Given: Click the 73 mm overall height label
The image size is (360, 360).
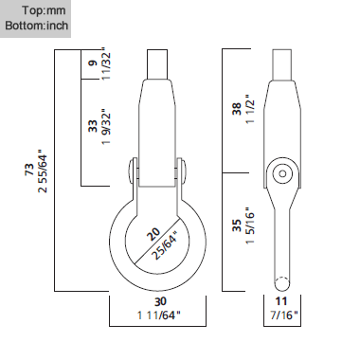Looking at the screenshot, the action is click(x=29, y=170).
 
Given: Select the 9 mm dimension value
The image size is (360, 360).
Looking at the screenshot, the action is click(x=94, y=63).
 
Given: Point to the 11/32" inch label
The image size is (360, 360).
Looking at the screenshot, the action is click(x=106, y=63).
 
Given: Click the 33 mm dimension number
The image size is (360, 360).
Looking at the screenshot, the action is click(x=93, y=126).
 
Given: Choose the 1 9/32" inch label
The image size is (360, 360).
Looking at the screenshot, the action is click(x=106, y=127).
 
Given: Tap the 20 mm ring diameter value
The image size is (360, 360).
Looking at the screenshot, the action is click(x=153, y=234).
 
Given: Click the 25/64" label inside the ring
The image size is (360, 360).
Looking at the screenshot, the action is click(x=165, y=245).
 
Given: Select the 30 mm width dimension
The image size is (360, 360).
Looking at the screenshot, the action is click(x=160, y=301).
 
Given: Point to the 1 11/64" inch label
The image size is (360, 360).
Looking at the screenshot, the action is click(x=159, y=315).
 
